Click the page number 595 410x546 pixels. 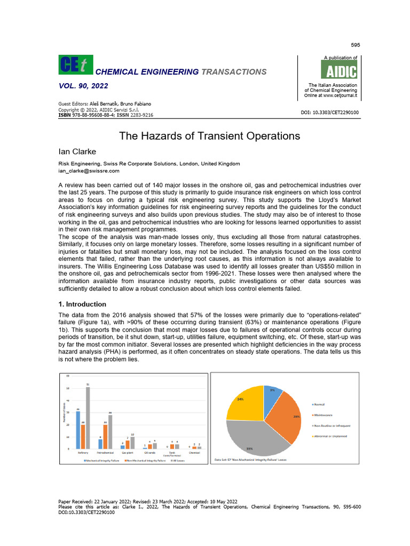[x=354, y=44]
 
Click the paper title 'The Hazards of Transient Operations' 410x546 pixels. [x=209, y=136]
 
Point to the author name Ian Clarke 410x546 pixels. [x=76, y=151]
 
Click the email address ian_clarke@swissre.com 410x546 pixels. [x=88, y=171]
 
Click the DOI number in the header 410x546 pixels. [x=330, y=113]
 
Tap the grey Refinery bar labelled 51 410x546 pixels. [x=88, y=417]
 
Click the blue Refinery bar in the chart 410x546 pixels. [x=78, y=430]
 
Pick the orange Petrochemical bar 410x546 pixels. [x=105, y=437]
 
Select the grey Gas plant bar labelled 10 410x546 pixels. [x=132, y=443]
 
